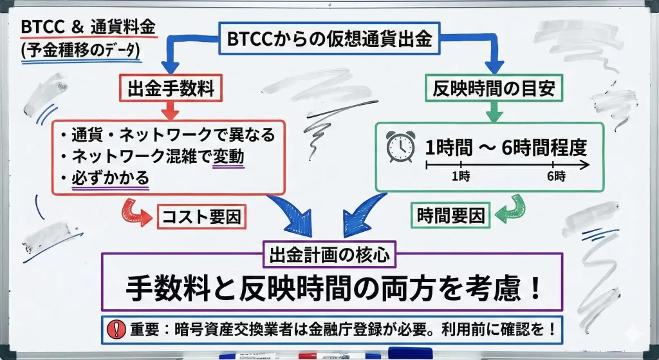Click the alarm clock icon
click(x=399, y=147)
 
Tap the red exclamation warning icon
click(x=115, y=327)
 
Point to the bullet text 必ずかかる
click(x=111, y=177)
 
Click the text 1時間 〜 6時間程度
click(x=506, y=147)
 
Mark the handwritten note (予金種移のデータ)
click(x=80, y=51)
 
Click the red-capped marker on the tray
click(x=317, y=354)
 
